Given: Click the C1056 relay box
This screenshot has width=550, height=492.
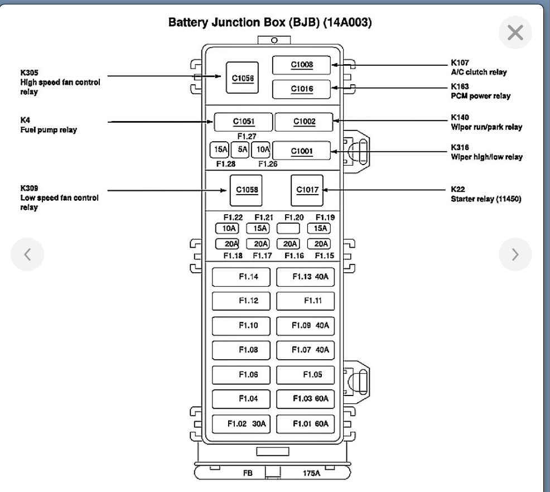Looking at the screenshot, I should click(243, 78).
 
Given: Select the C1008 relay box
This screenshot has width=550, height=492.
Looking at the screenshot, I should click(302, 65).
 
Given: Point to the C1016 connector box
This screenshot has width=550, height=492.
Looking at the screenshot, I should click(302, 89).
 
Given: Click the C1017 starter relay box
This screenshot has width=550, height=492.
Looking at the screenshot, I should click(307, 190).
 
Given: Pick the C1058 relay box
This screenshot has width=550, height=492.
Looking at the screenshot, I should click(246, 190).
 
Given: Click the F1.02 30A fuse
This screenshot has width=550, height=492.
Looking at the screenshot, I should click(241, 424).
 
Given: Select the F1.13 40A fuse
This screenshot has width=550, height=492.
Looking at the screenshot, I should click(305, 277).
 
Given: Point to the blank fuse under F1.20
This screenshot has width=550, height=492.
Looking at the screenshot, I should click(288, 228).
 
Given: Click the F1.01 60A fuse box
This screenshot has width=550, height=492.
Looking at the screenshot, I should click(305, 424).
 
